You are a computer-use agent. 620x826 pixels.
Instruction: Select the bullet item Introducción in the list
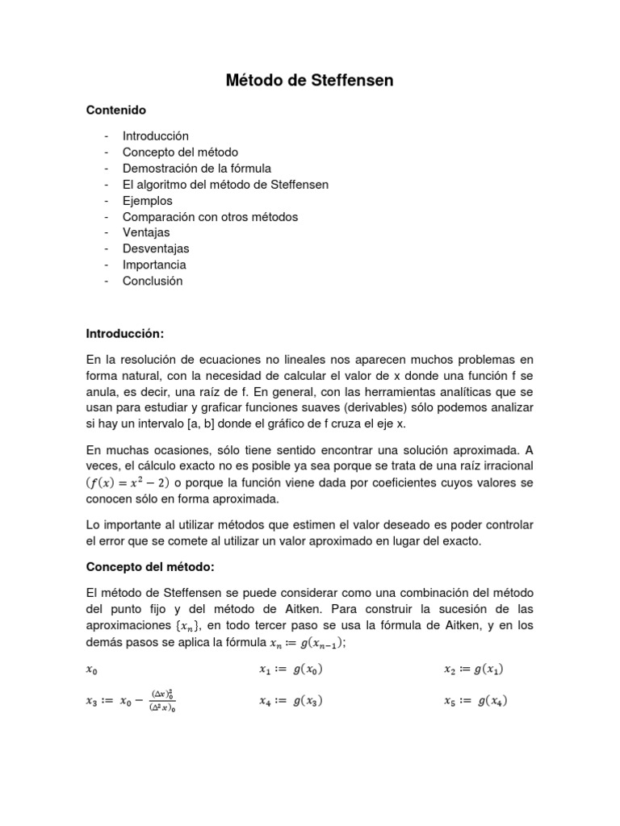pos(155,136)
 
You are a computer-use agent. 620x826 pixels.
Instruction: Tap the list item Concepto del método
pos(180,152)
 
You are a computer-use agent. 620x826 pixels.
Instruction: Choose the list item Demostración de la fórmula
pos(196,169)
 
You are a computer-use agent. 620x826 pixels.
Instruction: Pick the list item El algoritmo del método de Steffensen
pos(225,185)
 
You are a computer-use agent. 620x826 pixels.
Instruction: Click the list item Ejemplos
pos(148,201)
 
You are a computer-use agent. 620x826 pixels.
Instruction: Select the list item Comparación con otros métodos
pos(210,217)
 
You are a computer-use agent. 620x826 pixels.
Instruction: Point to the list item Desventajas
pos(156,248)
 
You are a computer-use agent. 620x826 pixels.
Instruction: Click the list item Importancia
pos(154,265)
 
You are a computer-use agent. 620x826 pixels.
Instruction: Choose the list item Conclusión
pos(153,281)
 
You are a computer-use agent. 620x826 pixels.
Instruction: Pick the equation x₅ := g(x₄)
pos(476,701)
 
